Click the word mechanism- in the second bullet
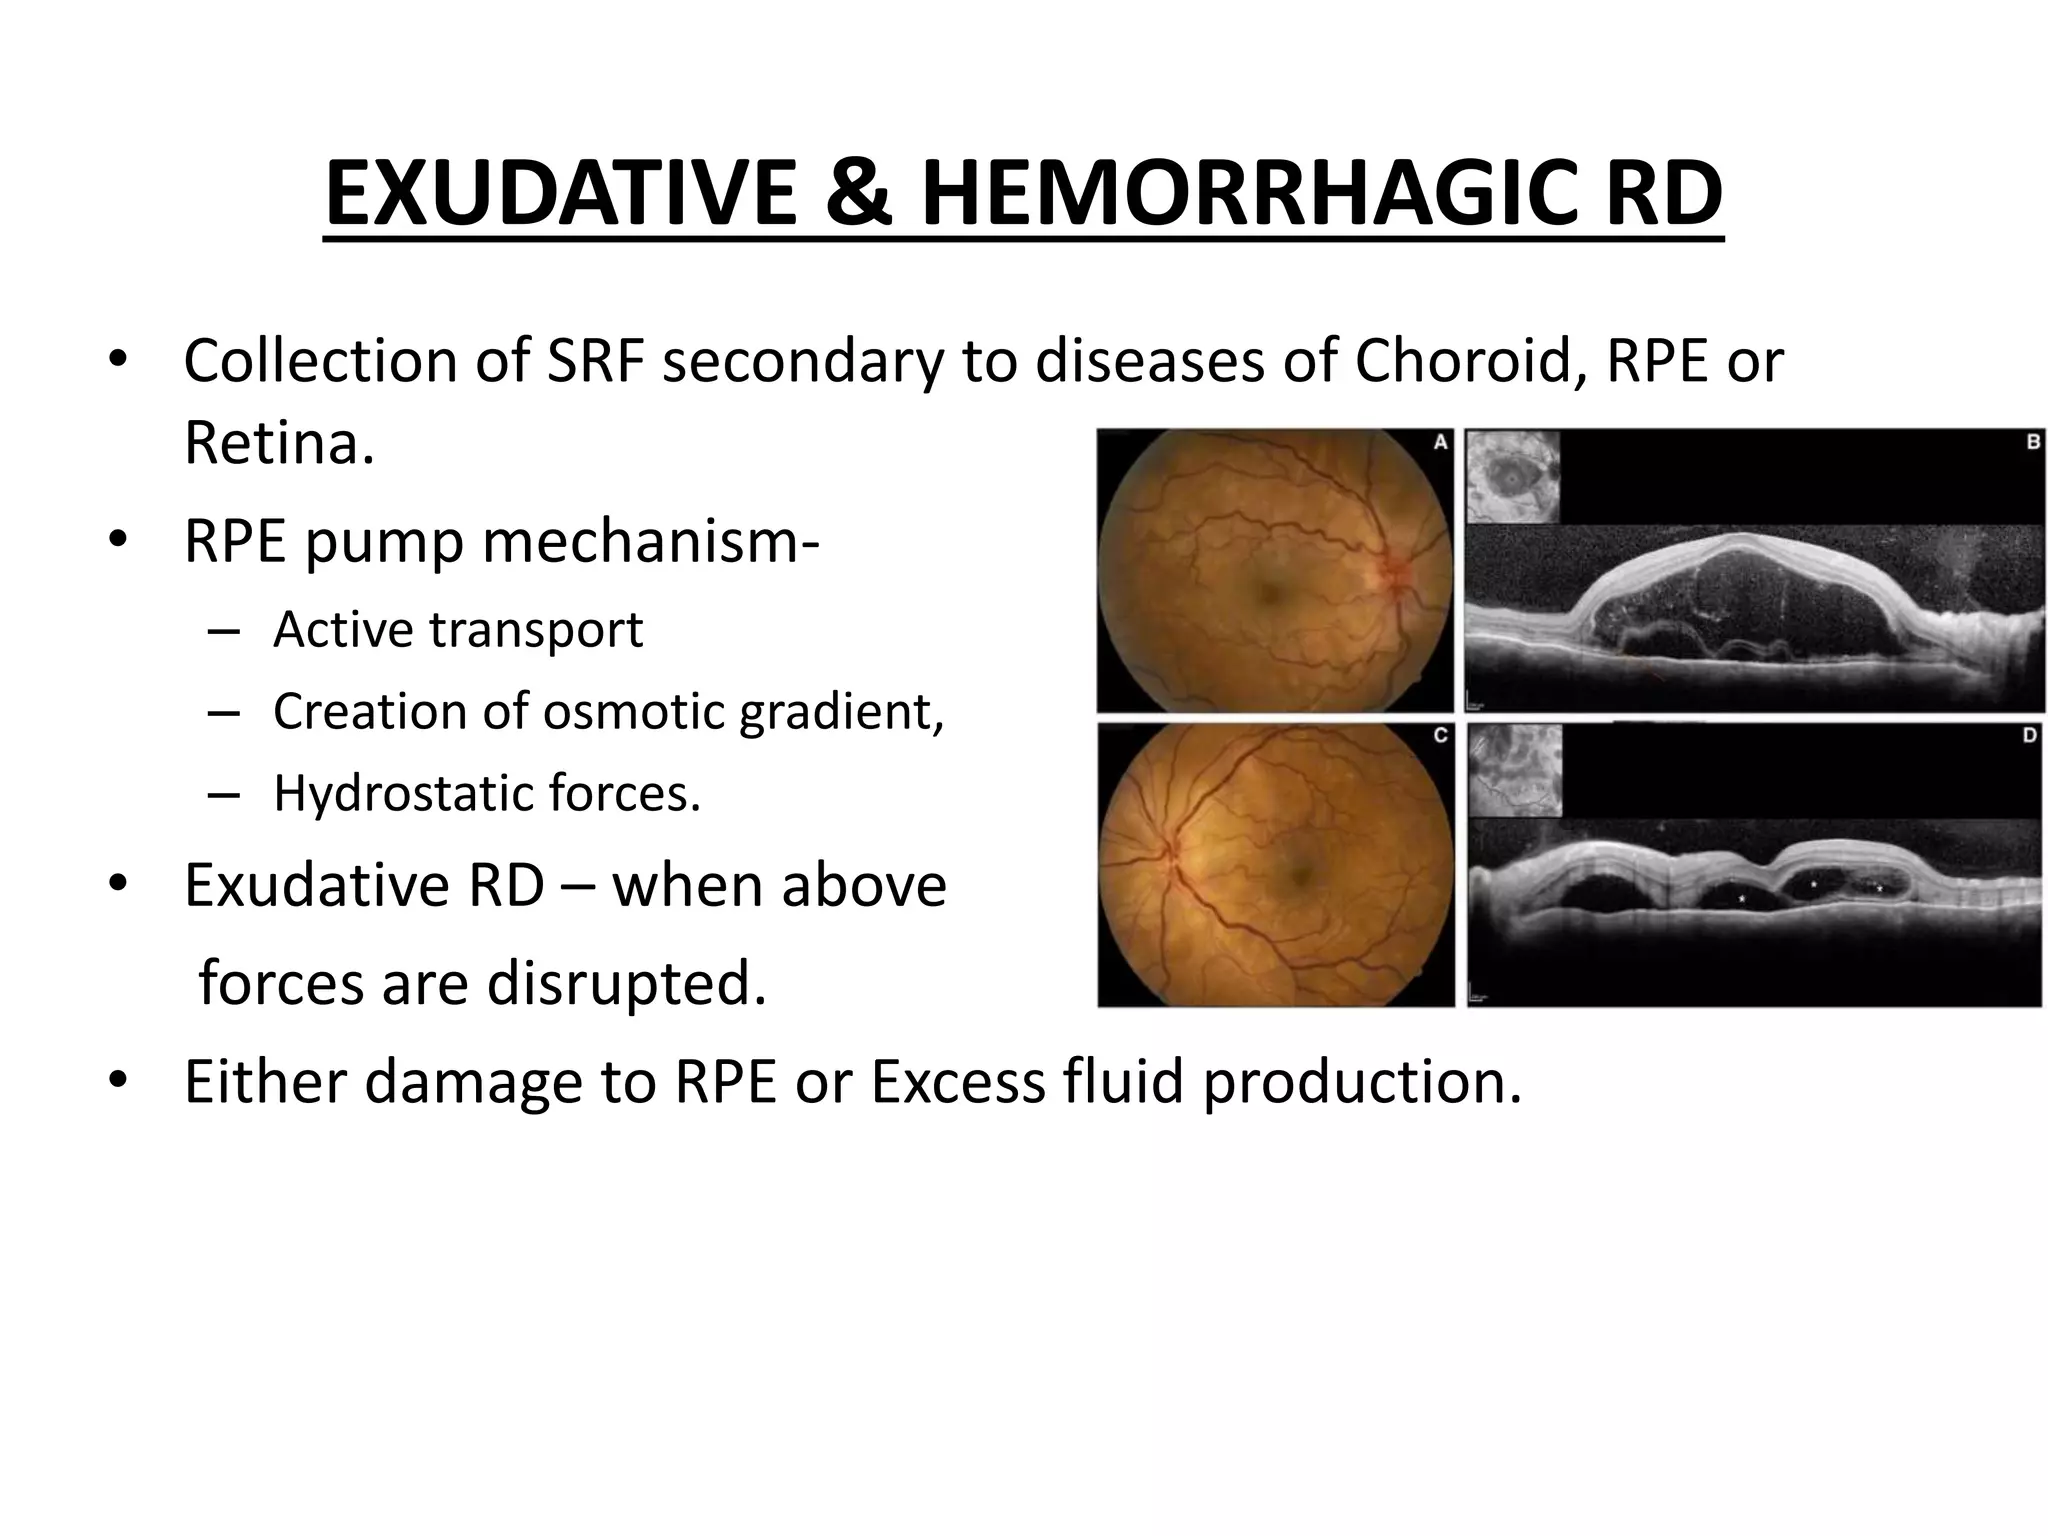(x=650, y=542)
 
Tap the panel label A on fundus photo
(x=1441, y=442)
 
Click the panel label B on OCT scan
(x=2033, y=442)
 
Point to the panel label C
(x=1441, y=735)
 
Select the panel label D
(x=2029, y=735)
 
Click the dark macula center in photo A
(x=1269, y=595)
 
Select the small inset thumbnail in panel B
(x=1513, y=477)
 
